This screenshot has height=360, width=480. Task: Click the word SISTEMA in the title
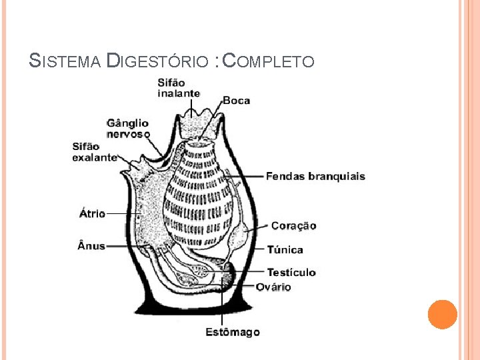(65, 62)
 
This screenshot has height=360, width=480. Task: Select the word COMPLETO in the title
(268, 62)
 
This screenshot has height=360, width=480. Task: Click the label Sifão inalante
(179, 88)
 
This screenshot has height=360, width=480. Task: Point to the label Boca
(236, 101)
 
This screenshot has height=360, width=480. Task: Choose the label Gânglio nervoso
(128, 128)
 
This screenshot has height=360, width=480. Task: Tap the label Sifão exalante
(95, 152)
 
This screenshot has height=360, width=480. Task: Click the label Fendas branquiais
(315, 177)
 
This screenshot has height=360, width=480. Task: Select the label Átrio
(92, 213)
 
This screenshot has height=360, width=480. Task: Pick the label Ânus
(91, 245)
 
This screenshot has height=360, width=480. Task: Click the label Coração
(293, 226)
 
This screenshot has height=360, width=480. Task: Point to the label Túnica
(285, 250)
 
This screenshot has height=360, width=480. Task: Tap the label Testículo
(291, 272)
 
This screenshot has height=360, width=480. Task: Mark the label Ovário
(273, 287)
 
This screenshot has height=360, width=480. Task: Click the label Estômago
(232, 332)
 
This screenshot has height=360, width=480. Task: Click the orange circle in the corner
(443, 314)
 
